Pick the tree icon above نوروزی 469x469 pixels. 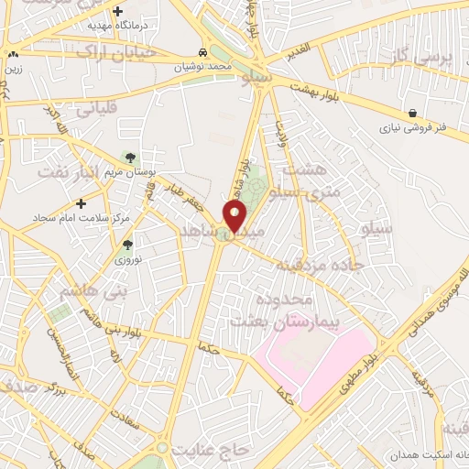tap(127, 245)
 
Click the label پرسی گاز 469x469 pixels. tap(422, 57)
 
